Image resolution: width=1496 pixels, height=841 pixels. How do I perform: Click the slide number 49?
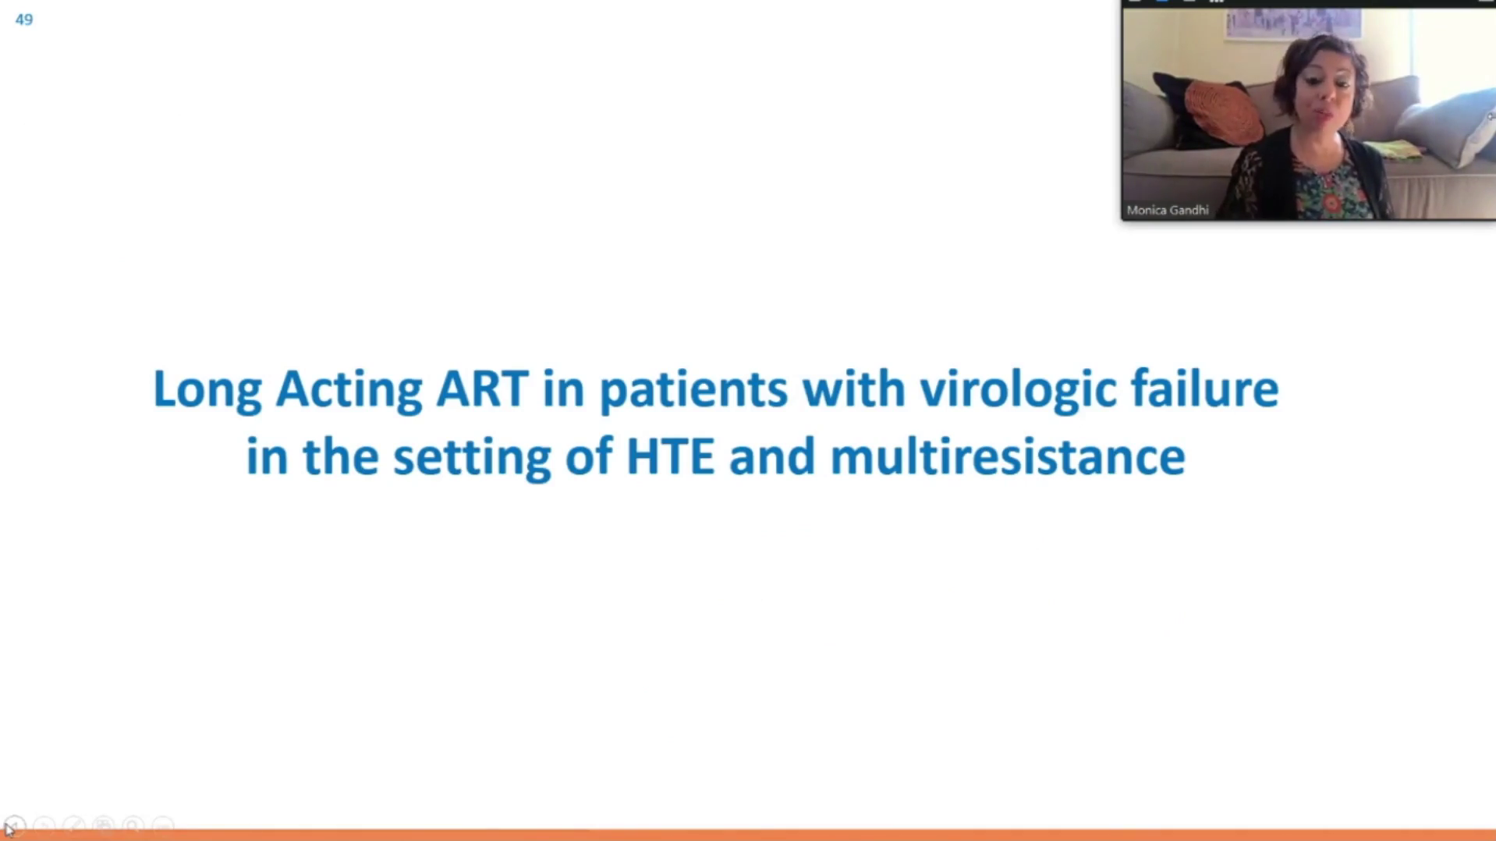(24, 20)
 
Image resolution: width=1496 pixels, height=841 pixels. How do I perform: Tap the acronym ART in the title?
(482, 389)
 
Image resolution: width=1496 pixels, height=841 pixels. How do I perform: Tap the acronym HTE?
(670, 456)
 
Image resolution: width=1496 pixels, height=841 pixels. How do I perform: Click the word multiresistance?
(1008, 456)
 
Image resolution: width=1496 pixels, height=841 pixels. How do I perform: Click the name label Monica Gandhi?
(1168, 210)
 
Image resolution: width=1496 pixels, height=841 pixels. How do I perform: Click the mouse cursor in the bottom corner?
(9, 829)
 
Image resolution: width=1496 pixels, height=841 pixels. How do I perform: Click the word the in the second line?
(341, 456)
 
